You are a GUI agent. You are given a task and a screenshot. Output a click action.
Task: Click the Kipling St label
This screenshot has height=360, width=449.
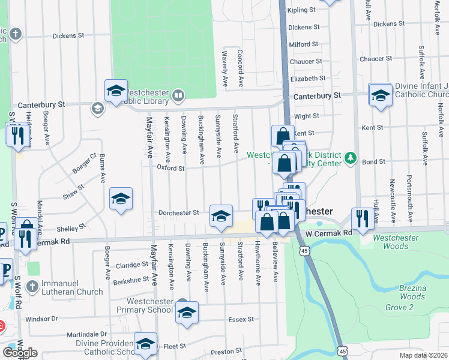point(301,10)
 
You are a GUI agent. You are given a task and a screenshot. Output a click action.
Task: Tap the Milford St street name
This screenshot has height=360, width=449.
point(304,44)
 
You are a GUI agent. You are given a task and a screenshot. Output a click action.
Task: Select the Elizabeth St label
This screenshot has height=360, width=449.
point(307,79)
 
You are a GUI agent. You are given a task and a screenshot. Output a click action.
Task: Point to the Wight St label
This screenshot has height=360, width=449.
point(306,116)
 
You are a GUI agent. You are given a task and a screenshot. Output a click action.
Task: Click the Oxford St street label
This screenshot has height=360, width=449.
point(170,169)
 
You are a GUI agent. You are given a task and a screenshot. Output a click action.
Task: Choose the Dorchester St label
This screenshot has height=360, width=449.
point(178,212)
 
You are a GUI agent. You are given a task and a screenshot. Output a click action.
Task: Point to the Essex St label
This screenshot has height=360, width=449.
point(241,320)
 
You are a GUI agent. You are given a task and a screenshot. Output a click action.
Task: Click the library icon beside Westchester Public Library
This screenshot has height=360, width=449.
point(178,95)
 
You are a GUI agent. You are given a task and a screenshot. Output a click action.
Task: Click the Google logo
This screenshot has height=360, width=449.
point(20,352)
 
